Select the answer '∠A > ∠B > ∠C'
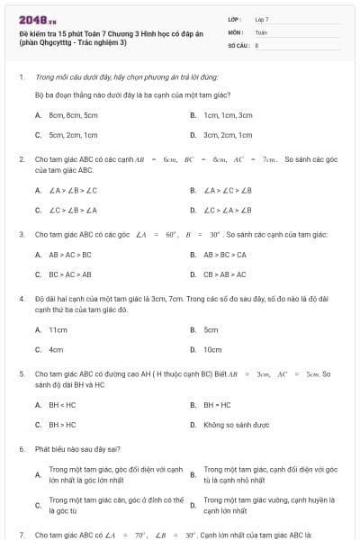[x=73, y=190]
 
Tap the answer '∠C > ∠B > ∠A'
[x=73, y=210]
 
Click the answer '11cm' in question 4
[x=58, y=329]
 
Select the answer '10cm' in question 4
[x=212, y=349]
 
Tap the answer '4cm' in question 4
[x=56, y=349]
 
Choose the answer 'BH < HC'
[x=62, y=404]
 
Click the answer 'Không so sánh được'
[x=233, y=424]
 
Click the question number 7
[x=21, y=535]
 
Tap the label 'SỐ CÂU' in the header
[x=237, y=43]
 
